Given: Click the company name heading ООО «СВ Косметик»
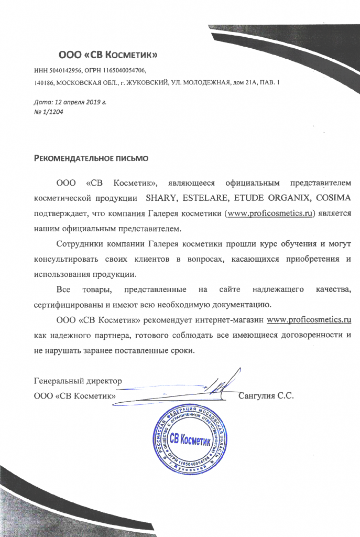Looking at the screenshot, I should coord(107,55).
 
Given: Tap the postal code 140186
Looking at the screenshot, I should coord(43,83).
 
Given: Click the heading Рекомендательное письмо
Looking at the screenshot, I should coord(91,157).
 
